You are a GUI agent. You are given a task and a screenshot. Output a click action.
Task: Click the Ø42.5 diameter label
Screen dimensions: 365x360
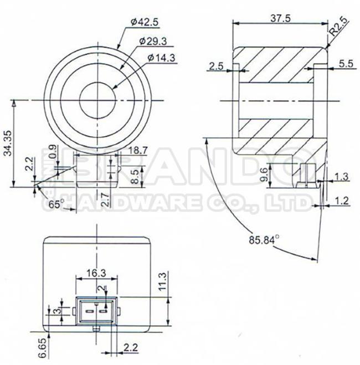click(145, 23)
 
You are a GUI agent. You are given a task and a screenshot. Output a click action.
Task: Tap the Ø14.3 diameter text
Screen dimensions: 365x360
click(161, 58)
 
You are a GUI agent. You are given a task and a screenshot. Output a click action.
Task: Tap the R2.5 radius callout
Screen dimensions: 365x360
click(338, 27)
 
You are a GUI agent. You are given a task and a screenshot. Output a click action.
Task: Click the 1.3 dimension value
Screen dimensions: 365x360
click(342, 177)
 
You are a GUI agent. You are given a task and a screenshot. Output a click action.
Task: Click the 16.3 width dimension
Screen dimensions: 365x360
click(95, 272)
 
